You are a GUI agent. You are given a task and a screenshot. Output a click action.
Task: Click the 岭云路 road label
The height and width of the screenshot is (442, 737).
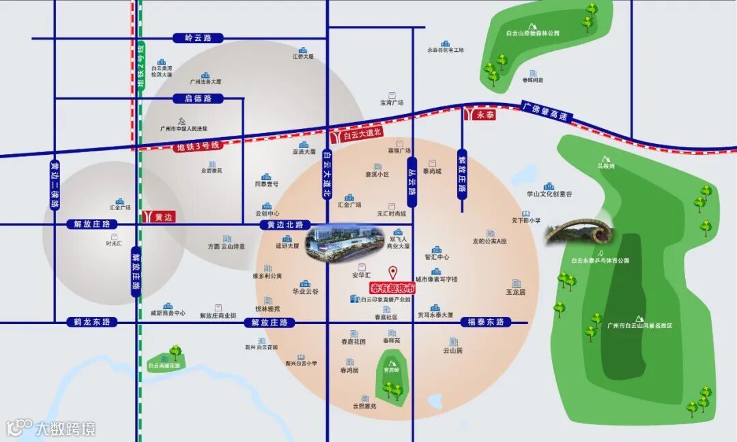pos(194,38)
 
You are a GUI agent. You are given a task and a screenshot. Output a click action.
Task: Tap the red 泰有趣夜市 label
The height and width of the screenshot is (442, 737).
pos(392,287)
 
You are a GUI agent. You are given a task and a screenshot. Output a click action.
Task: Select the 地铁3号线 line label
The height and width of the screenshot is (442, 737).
pos(197,146)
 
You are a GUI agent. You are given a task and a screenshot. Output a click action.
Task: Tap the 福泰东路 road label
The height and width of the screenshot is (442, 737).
pos(486,322)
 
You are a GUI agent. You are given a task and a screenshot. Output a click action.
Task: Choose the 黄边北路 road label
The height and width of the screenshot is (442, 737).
pos(285,224)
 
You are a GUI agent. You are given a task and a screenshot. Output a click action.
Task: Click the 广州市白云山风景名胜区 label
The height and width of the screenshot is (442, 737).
pos(639,325)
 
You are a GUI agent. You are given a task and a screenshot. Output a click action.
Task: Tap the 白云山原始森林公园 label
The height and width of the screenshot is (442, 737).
pos(532,32)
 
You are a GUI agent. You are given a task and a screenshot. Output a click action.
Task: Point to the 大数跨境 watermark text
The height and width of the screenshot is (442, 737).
pos(66,428)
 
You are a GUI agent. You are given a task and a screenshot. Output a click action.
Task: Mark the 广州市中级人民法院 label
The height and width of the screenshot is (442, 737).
pos(183,128)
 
